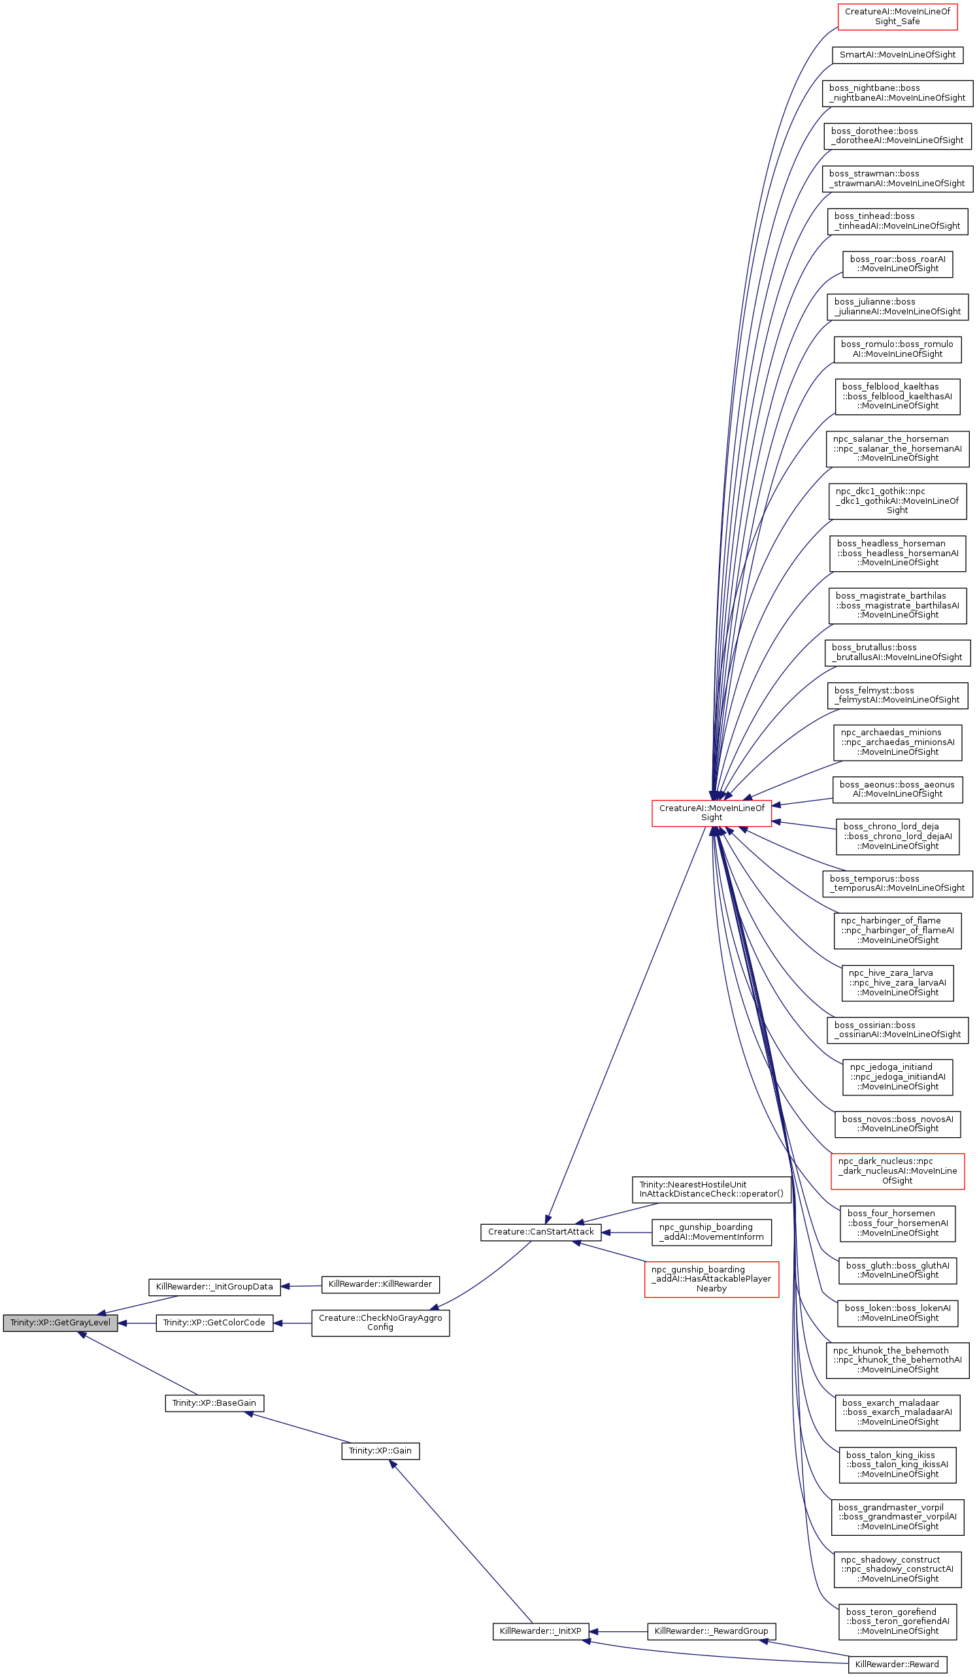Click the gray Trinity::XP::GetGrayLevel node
(x=60, y=1322)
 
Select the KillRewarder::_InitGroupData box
(x=214, y=1286)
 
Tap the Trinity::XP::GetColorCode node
(x=214, y=1322)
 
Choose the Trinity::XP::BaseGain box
(x=214, y=1403)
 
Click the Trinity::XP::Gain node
(x=380, y=1450)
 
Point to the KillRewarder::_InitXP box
(x=540, y=1631)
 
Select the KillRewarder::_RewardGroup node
(x=711, y=1631)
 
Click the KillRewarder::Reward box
(x=897, y=1665)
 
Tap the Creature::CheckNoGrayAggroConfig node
(x=380, y=1322)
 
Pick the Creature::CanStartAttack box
(x=540, y=1232)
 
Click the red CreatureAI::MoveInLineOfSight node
(x=711, y=812)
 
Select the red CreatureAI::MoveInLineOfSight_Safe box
(x=897, y=16)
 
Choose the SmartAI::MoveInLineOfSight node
(x=897, y=54)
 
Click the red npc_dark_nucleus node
(x=897, y=1171)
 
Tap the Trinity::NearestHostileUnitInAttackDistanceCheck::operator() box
(x=711, y=1189)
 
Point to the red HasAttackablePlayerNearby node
(x=711, y=1278)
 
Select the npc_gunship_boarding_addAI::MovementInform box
(x=711, y=1232)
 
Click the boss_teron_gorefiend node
(x=897, y=1621)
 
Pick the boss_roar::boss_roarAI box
(x=897, y=263)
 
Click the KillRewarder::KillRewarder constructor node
(x=380, y=1284)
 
